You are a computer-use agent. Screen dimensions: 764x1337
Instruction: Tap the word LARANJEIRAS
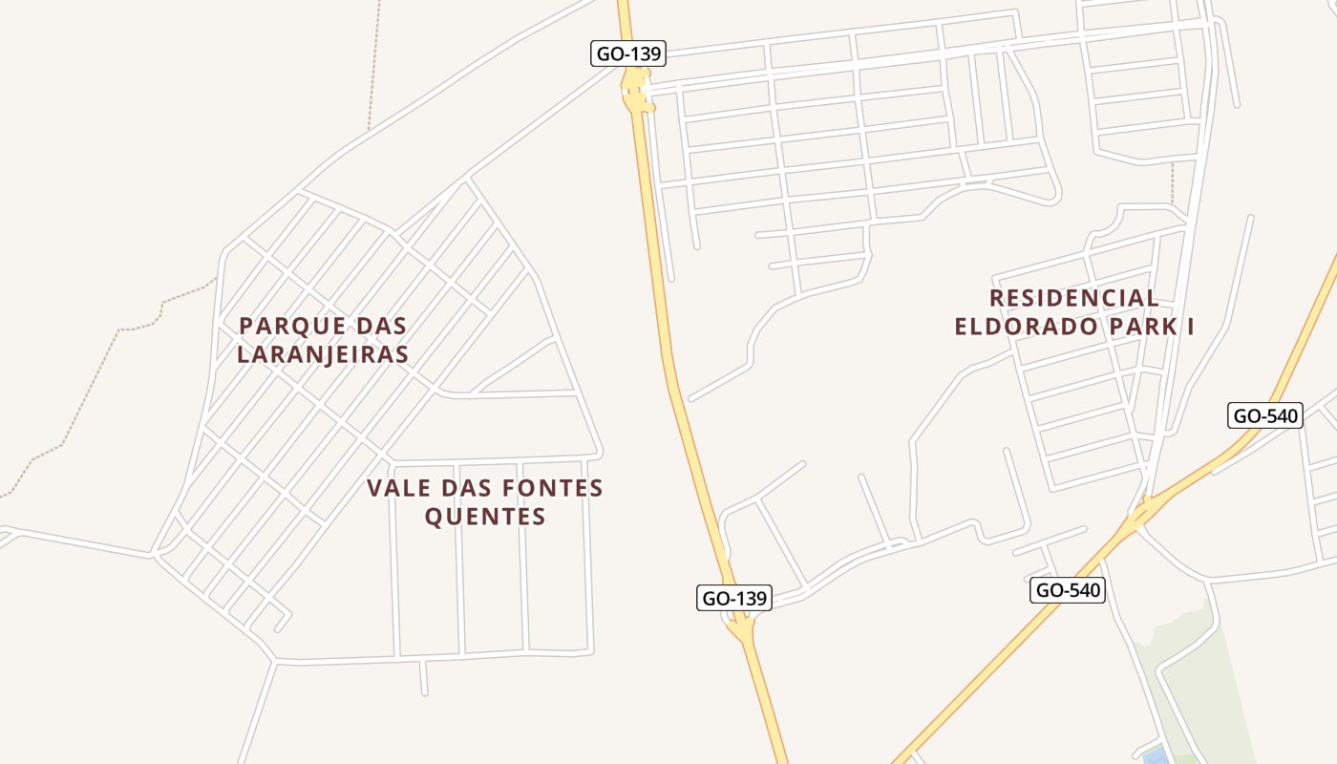coord(323,354)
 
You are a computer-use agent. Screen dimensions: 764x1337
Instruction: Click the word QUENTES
coord(485,518)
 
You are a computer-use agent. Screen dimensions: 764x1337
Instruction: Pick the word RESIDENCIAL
coord(1074,298)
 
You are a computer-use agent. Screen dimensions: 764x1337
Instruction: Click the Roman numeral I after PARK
coord(1190,327)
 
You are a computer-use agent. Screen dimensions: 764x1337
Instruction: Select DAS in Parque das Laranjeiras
coord(382,326)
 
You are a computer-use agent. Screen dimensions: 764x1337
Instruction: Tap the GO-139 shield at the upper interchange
coord(627,53)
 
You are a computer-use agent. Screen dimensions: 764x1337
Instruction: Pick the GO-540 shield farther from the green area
coord(1264,415)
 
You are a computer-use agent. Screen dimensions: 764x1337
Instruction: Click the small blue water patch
coord(1155,755)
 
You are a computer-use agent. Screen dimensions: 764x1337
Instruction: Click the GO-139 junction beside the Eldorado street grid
coord(636,96)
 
